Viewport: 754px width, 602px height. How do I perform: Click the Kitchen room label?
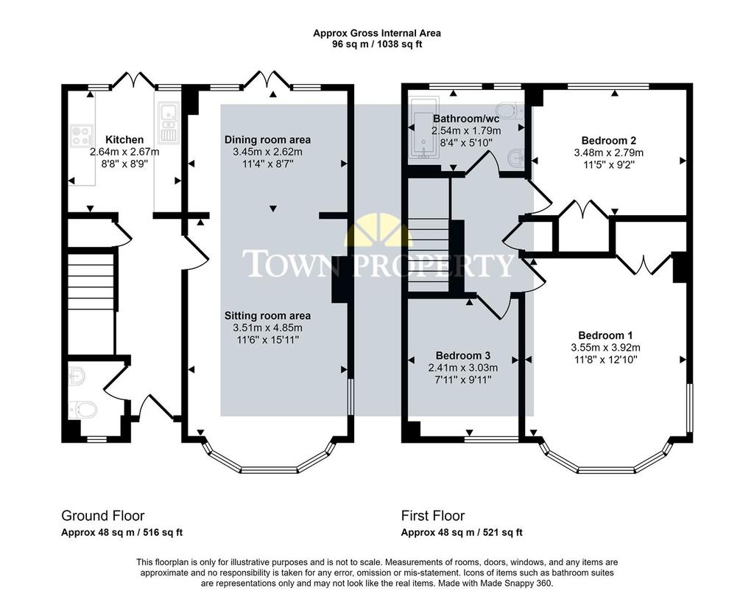pyautogui.click(x=124, y=139)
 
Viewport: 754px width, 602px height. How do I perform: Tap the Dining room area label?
pyautogui.click(x=267, y=139)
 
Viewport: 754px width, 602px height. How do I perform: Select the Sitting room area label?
pyautogui.click(x=267, y=315)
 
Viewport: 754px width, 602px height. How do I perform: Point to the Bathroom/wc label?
pyautogui.click(x=466, y=119)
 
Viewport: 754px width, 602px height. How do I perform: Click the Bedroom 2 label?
pyautogui.click(x=609, y=141)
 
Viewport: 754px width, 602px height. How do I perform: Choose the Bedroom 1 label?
pyautogui.click(x=605, y=335)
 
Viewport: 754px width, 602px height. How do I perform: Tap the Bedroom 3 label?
pyautogui.click(x=463, y=356)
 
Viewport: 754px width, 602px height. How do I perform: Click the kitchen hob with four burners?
pyautogui.click(x=81, y=135)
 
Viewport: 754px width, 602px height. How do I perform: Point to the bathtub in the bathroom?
pyautogui.click(x=423, y=127)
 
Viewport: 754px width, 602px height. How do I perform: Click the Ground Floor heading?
pyautogui.click(x=103, y=516)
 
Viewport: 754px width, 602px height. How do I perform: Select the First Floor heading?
pyautogui.click(x=433, y=516)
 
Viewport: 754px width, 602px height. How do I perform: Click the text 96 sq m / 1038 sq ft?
pyautogui.click(x=377, y=45)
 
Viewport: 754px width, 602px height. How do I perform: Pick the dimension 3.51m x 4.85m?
pyautogui.click(x=268, y=328)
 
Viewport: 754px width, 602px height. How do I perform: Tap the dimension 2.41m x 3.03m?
pyautogui.click(x=463, y=368)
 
